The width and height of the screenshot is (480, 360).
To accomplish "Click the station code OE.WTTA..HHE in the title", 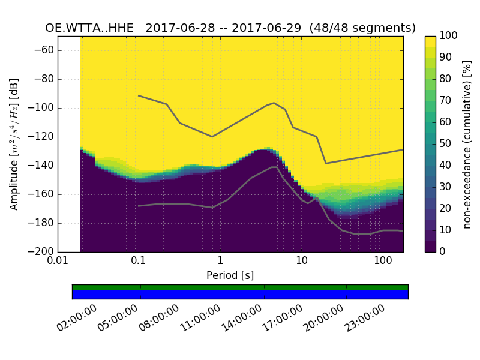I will pyautogui.click(x=91, y=28).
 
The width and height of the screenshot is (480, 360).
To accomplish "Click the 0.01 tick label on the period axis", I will pyautogui.click(x=58, y=262).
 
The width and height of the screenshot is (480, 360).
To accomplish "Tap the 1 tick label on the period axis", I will pyautogui.click(x=220, y=262).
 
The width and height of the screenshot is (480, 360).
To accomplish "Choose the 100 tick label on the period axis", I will pyautogui.click(x=383, y=262).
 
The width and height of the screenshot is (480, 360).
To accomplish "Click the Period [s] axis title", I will pyautogui.click(x=230, y=275).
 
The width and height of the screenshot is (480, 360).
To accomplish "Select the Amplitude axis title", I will pyautogui.click(x=14, y=144).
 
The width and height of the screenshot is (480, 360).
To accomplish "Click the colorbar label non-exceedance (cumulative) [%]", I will pyautogui.click(x=467, y=144).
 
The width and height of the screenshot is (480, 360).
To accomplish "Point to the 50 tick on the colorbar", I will pyautogui.click(x=445, y=144).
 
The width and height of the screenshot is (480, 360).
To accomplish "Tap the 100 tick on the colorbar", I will pyautogui.click(x=448, y=36).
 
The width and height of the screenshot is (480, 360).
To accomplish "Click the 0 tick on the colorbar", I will pyautogui.click(x=442, y=252).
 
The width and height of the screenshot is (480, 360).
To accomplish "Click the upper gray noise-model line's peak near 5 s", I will pyautogui.click(x=274, y=103).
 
